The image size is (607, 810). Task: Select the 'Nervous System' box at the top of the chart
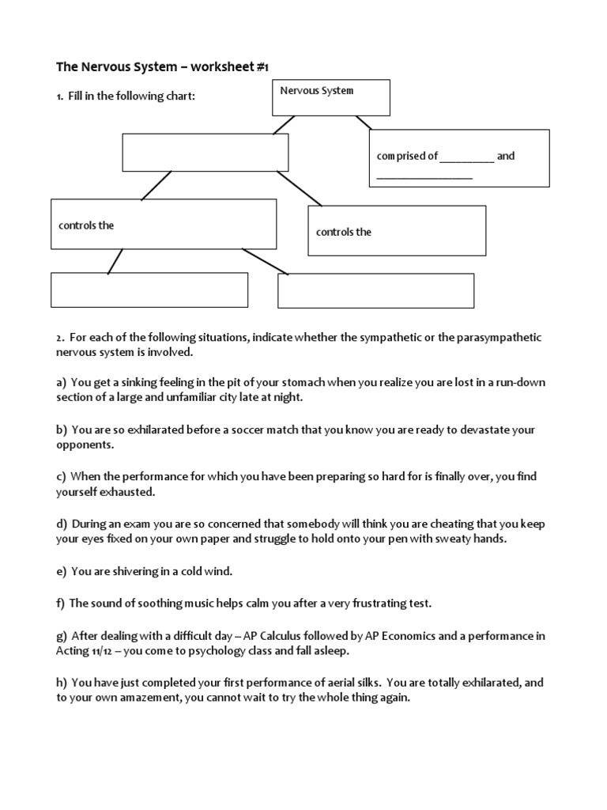(x=330, y=97)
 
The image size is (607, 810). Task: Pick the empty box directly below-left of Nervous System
(x=205, y=153)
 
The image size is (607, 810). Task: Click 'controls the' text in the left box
(x=86, y=225)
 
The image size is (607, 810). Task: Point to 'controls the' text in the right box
(x=344, y=233)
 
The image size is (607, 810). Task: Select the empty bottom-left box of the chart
(x=149, y=290)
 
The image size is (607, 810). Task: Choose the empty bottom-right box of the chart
(x=375, y=290)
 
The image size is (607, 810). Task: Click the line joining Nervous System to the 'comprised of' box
(x=364, y=123)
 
